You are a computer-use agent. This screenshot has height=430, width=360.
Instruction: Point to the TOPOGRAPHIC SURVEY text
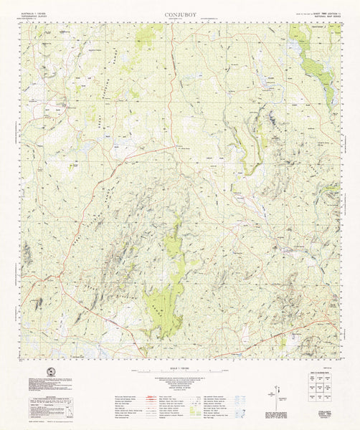[35, 16]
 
